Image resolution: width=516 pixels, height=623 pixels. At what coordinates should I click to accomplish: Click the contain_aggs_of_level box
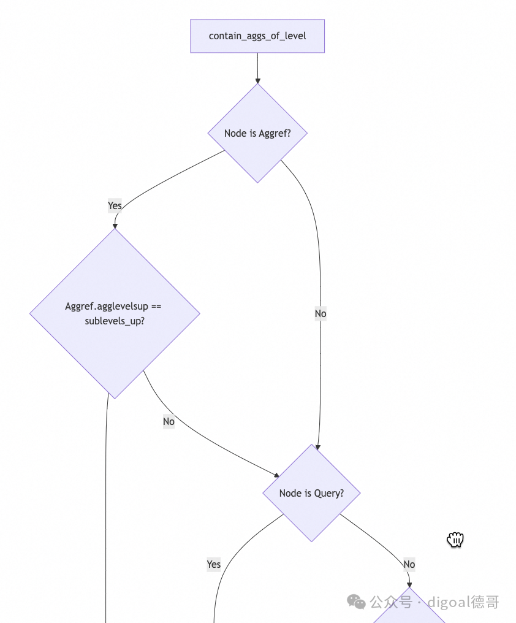click(x=257, y=36)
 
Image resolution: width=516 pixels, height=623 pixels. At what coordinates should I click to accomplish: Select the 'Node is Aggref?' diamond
click(x=257, y=133)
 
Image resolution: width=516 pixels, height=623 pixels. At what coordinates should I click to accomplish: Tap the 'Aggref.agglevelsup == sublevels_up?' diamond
click(x=115, y=313)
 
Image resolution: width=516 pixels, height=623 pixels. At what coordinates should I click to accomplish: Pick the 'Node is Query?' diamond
click(x=311, y=493)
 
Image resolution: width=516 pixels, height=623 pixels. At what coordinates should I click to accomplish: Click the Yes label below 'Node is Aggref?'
click(x=115, y=205)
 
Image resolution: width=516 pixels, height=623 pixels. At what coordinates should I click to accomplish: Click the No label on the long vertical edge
click(x=321, y=313)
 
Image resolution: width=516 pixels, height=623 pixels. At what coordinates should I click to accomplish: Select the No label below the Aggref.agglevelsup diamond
click(x=169, y=421)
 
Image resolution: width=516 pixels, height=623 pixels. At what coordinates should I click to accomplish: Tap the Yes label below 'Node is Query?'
click(x=214, y=564)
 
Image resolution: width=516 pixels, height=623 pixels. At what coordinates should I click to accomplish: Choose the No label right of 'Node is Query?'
click(x=409, y=564)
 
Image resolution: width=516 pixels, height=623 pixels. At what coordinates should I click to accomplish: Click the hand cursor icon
click(x=455, y=540)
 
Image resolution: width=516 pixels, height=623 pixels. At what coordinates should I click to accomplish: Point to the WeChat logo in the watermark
click(x=356, y=602)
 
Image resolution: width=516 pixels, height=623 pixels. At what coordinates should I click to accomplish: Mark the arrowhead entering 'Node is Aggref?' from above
click(x=257, y=81)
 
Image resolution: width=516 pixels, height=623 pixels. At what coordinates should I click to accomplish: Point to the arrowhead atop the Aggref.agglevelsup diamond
click(x=115, y=226)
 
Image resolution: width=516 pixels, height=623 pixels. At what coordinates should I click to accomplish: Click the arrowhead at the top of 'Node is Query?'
click(x=317, y=448)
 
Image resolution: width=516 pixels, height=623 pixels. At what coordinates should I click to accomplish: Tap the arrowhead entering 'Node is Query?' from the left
click(x=277, y=475)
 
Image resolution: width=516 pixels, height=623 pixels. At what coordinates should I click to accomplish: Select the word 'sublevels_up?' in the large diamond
click(x=115, y=321)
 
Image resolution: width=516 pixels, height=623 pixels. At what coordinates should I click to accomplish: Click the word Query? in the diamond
click(x=329, y=494)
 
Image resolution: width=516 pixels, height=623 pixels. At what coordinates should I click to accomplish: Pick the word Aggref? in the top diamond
click(x=275, y=134)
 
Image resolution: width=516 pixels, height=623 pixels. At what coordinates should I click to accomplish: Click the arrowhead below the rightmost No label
click(x=409, y=585)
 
